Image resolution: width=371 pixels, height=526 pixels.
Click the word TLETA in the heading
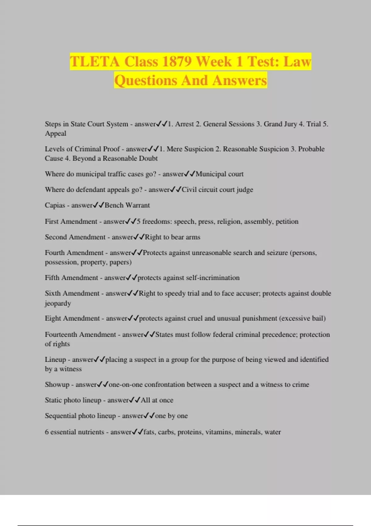click(x=95, y=61)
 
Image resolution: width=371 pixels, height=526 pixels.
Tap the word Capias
click(x=55, y=205)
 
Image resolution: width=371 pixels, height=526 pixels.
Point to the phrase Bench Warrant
click(x=127, y=205)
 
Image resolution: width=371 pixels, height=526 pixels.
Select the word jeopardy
click(x=58, y=303)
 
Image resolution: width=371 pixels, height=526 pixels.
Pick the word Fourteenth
click(x=61, y=334)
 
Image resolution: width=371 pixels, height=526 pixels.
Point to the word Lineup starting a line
click(x=55, y=360)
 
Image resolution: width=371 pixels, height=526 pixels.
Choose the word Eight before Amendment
click(x=53, y=318)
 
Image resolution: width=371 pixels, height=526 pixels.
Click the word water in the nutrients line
click(x=273, y=432)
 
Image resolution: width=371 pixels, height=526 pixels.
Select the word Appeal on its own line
click(x=56, y=134)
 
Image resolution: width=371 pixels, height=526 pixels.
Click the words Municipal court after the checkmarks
click(x=220, y=174)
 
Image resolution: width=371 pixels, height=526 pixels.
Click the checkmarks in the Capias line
click(x=99, y=205)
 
